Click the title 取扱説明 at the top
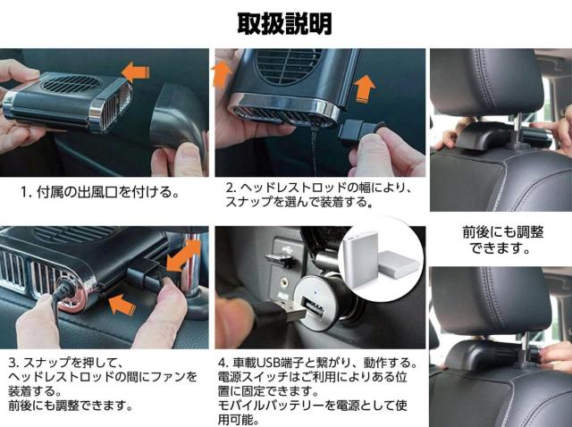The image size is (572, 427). tap(285, 24)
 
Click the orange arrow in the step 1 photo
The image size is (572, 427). tap(135, 71)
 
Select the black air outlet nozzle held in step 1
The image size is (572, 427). tap(177, 117)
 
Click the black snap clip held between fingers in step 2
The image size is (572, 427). tap(359, 133)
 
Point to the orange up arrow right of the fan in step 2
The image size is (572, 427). tap(365, 88)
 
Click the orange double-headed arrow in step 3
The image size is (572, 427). tap(183, 256)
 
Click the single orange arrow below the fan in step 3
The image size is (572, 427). tap(122, 304)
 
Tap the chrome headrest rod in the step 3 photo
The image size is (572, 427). tap(193, 266)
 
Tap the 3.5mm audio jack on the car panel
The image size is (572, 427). tap(282, 281)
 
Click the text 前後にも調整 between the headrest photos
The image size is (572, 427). tap(503, 232)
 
